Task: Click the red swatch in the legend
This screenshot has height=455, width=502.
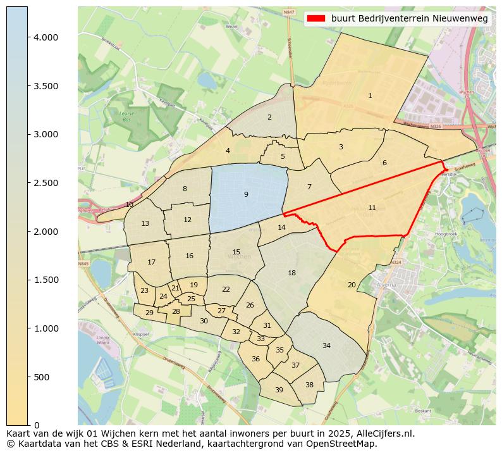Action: [x=315, y=18]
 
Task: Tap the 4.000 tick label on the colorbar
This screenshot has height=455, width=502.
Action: [x=45, y=37]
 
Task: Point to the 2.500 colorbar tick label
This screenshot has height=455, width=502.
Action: [x=45, y=183]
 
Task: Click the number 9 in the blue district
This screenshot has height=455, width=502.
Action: [x=246, y=194]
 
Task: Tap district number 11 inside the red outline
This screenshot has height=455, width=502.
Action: [x=372, y=208]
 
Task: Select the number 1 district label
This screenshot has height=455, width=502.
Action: [x=370, y=96]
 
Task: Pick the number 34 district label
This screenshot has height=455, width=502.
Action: [x=326, y=346]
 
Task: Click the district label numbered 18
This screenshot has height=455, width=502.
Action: [x=291, y=273]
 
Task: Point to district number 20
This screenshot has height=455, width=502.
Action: [x=352, y=285]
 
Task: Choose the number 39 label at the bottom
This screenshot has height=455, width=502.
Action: [x=279, y=390]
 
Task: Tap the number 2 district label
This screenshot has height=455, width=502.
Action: [x=269, y=117]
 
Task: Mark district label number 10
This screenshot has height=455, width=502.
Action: [x=130, y=204]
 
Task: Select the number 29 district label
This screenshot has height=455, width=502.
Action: [x=149, y=313]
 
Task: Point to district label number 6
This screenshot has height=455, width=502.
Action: [x=384, y=163]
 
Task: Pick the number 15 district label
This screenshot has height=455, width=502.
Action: [x=236, y=252]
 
